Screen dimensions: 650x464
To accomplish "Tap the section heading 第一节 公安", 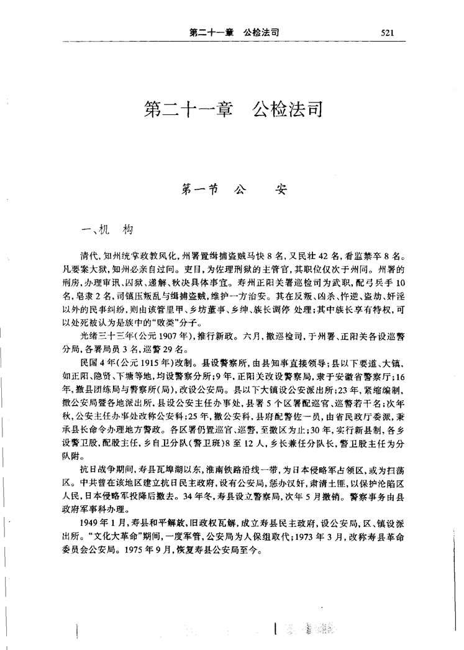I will [x=232, y=189].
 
